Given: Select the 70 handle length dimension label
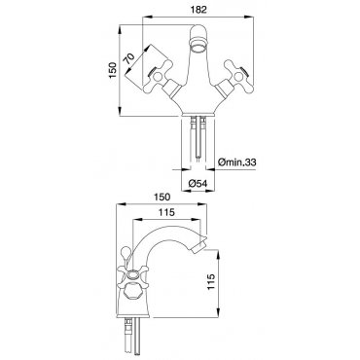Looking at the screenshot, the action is click(129, 59).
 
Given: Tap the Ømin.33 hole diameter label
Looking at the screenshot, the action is click(237, 162).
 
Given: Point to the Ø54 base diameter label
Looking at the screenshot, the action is click(198, 184).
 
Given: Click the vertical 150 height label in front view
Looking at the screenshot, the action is click(113, 70).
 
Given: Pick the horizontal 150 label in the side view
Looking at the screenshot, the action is click(161, 197).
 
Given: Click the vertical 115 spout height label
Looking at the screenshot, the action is click(211, 282).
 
